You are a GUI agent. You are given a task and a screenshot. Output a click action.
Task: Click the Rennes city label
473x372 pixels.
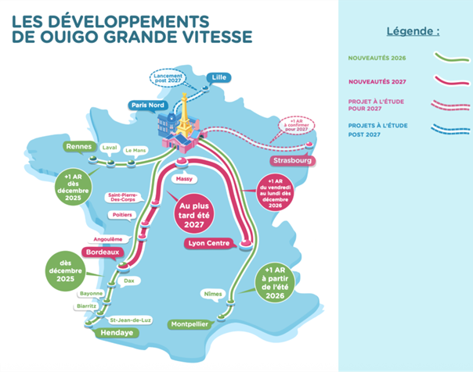point(81,145)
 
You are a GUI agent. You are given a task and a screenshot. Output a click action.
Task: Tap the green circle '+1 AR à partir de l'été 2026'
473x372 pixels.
point(281,280)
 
